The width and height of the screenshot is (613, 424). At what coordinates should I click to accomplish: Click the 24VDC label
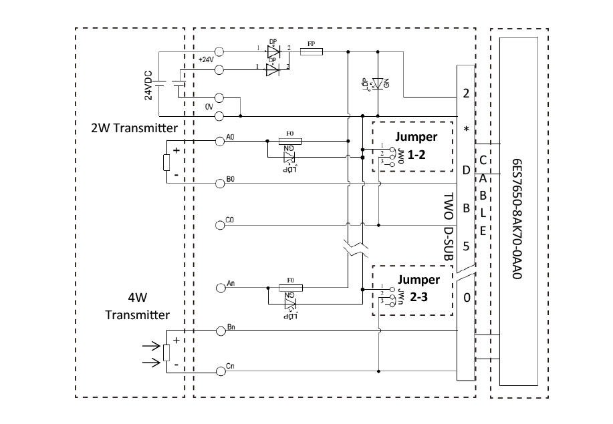point(149,84)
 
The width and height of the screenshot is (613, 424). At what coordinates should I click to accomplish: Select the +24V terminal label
point(206,59)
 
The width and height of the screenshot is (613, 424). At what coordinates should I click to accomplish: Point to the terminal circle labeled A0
point(219,140)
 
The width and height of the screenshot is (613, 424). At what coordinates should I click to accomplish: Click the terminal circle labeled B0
point(219,182)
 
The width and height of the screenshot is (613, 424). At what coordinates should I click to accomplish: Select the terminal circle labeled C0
point(219,223)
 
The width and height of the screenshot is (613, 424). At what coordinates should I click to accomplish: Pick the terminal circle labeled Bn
point(219,330)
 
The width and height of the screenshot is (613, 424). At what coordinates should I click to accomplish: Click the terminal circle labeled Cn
point(219,371)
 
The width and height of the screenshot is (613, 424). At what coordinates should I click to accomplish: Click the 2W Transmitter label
point(134,129)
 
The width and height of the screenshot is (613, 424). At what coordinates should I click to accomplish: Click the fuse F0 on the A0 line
point(290,141)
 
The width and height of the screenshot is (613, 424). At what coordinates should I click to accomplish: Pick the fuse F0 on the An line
point(290,288)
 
